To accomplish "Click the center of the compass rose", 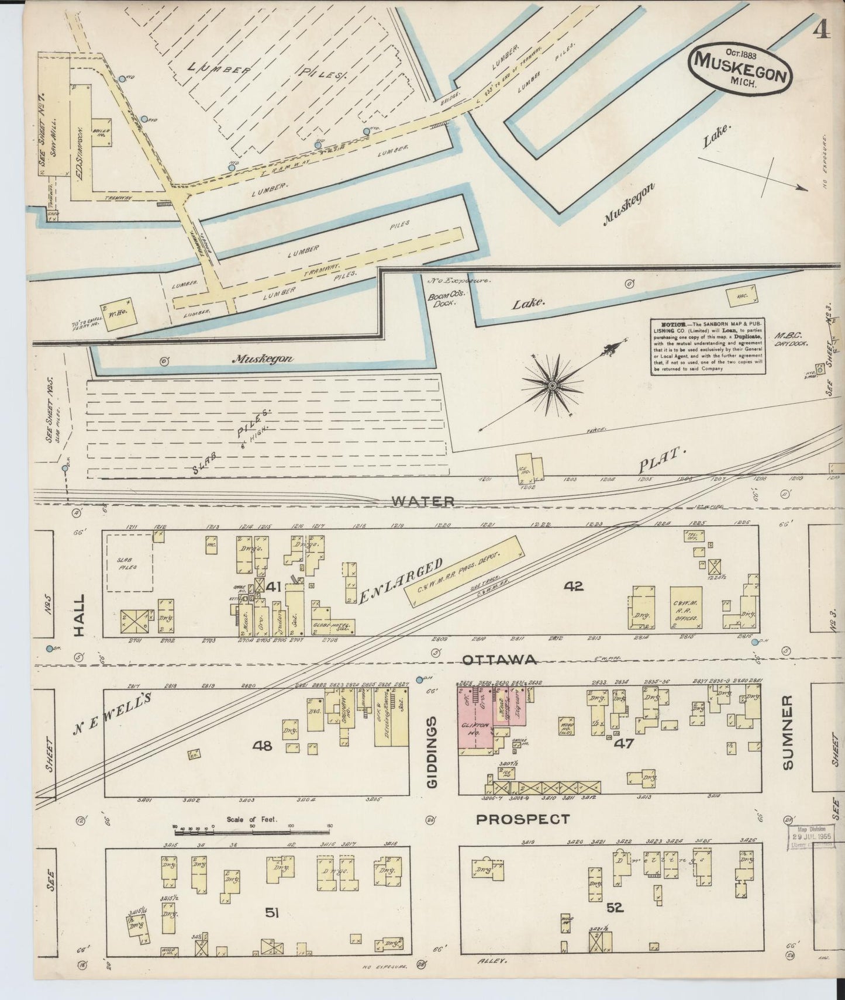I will click(551, 386).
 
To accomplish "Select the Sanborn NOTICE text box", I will click(708, 346).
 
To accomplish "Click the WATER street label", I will click(423, 501).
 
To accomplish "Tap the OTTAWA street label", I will click(499, 660).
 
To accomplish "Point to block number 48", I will click(263, 745).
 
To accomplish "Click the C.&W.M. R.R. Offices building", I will click(686, 606).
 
